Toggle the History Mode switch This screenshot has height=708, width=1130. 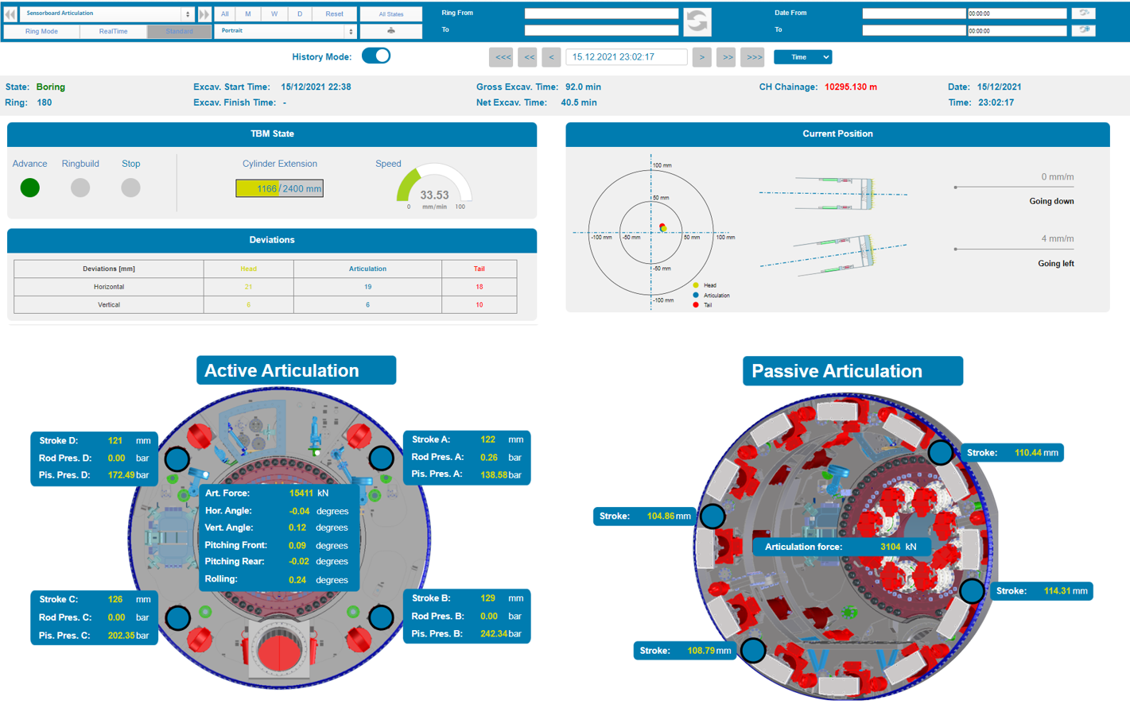pos(376,56)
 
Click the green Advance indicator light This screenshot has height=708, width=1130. pos(30,188)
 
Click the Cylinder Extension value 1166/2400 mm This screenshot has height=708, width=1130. pos(279,188)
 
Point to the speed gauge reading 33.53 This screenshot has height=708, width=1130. pos(434,195)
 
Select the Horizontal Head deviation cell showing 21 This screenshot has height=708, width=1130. pos(248,287)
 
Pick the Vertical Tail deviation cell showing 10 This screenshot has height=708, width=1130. pos(479,304)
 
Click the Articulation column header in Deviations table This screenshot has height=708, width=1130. pos(367,269)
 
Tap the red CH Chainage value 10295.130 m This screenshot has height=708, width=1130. pos(850,87)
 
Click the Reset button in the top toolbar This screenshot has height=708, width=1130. pos(334,14)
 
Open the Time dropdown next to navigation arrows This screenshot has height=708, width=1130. pos(802,57)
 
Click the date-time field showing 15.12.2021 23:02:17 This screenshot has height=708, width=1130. pos(626,57)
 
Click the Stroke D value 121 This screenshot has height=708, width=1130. pos(115,440)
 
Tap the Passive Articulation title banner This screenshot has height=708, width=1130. pos(852,371)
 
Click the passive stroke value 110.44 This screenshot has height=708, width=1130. pos(1027,453)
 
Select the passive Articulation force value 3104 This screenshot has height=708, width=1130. pos(890,547)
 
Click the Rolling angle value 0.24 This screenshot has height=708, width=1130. pos(297,579)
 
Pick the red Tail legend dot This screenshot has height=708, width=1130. pos(696,304)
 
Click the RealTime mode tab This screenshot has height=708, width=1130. pos(113,31)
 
